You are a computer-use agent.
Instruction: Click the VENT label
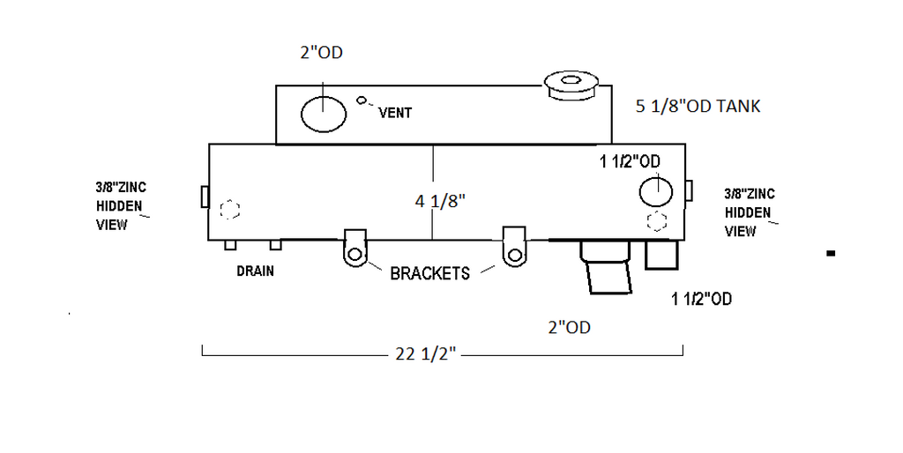395,113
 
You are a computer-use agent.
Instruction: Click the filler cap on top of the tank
571,85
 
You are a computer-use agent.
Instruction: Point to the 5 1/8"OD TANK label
698,107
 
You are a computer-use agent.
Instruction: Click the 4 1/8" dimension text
440,200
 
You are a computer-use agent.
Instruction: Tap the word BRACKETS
429,273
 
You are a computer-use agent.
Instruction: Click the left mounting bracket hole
354,255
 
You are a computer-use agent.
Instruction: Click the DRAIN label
255,271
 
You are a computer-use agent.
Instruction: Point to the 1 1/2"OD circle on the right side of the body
655,191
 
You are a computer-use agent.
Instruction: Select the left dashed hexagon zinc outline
229,210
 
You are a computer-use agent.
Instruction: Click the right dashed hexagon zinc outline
657,220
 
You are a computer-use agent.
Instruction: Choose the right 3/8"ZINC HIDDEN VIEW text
749,212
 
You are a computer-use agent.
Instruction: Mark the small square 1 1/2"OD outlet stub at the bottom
660,256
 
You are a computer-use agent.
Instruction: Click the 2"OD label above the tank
321,53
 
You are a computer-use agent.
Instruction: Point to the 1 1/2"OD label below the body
701,299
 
